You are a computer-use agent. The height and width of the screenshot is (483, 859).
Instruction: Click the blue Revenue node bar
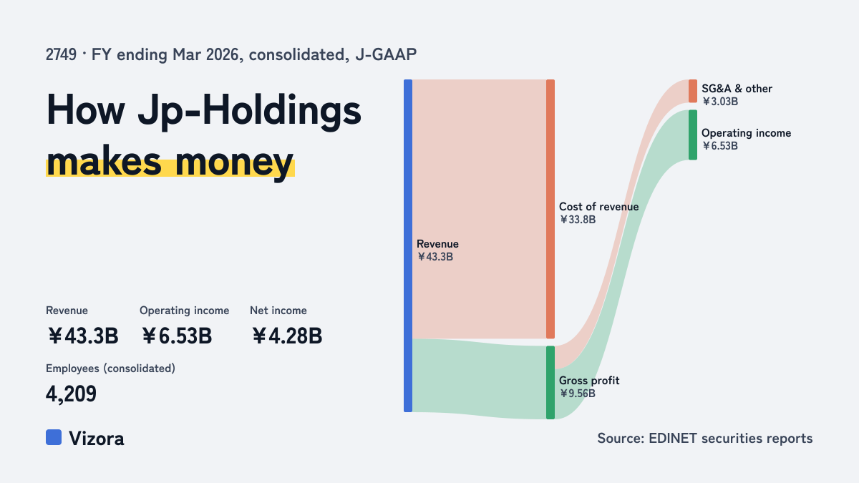point(408,245)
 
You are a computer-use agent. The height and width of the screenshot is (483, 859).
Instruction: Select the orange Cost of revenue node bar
point(550,209)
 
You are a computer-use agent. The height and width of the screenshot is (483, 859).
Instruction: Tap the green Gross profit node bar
point(550,383)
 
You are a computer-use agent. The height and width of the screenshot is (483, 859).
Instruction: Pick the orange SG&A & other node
point(693,91)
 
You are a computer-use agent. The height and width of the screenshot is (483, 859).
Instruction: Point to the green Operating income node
point(693,135)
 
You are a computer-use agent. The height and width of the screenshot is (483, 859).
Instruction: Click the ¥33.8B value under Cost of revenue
point(578,220)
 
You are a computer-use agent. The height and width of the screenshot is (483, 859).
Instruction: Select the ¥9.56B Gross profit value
point(578,394)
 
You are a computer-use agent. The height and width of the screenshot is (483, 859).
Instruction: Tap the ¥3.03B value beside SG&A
point(720,102)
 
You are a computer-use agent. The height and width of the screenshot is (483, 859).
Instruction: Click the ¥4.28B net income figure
point(287,336)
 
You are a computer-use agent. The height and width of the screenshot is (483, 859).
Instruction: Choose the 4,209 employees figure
point(71,394)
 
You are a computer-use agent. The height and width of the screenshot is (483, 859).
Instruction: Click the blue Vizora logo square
point(54,437)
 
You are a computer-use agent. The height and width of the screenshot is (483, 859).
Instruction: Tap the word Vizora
point(97,439)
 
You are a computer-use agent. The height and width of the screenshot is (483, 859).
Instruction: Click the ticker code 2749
point(61,54)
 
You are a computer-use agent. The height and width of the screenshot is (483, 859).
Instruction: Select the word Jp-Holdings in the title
point(250,111)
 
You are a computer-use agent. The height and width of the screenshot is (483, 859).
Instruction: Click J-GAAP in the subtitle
point(386,54)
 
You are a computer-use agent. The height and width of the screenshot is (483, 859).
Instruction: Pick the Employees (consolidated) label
point(110,369)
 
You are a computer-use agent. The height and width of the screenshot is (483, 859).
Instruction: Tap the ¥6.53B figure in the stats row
point(177,336)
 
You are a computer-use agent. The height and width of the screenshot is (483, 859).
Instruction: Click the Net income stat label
point(278,311)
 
